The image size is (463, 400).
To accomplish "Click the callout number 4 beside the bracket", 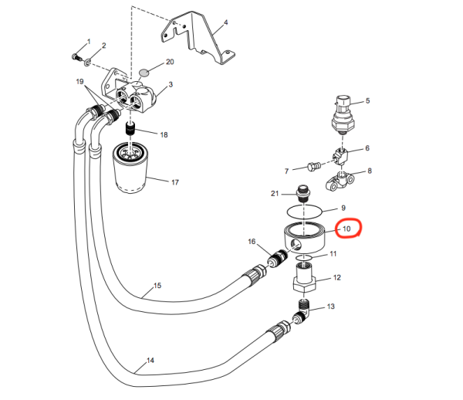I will (x=226, y=22).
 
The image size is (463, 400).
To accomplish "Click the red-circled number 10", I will (x=346, y=229).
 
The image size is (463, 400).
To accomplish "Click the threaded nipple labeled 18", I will (x=130, y=127).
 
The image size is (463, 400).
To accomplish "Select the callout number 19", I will (x=79, y=81).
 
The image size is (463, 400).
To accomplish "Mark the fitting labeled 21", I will (x=303, y=191).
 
